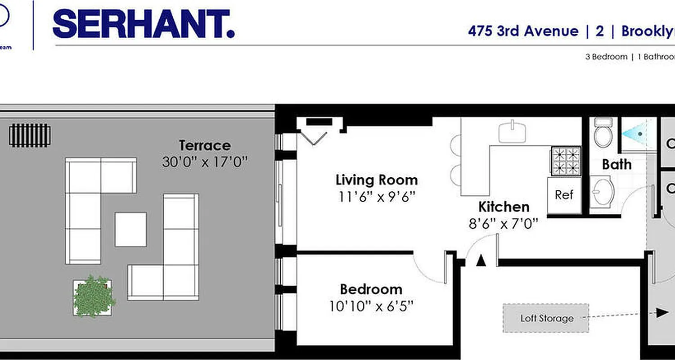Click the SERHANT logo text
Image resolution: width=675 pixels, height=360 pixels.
click(x=143, y=25)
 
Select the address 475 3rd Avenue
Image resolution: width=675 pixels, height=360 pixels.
click(x=523, y=31)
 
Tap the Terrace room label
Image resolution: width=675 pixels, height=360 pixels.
click(x=205, y=146)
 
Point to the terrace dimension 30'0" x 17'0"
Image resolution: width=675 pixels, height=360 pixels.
click(x=205, y=162)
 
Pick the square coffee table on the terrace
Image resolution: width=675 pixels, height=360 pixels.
click(x=130, y=229)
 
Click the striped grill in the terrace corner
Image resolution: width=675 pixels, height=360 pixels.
click(x=30, y=135)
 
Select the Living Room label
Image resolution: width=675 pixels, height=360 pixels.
click(x=377, y=180)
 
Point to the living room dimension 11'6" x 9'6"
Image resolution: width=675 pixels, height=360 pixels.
click(x=377, y=197)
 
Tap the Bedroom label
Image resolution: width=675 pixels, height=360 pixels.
click(x=371, y=289)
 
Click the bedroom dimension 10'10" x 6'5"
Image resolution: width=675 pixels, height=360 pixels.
click(x=371, y=306)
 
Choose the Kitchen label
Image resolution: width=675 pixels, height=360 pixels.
click(x=504, y=207)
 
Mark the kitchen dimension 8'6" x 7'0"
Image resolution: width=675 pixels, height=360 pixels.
click(x=504, y=224)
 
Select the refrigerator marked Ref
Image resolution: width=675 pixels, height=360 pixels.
click(x=564, y=195)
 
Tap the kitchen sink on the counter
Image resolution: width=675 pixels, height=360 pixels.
click(x=512, y=132)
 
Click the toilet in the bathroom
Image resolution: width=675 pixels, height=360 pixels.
click(x=603, y=132)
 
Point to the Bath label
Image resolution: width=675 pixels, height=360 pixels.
click(x=616, y=164)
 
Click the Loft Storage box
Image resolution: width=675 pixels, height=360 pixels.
click(x=546, y=318)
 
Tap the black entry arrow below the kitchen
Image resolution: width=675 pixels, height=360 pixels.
click(x=481, y=260)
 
